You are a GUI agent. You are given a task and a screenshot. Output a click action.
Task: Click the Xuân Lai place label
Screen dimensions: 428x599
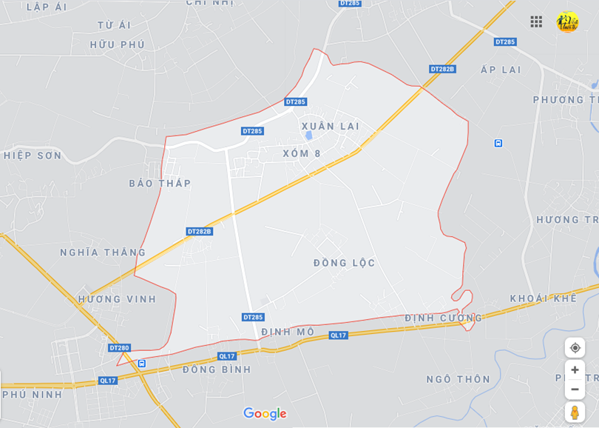(331, 126)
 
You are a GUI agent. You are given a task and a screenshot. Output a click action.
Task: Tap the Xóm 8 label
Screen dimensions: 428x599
(302, 153)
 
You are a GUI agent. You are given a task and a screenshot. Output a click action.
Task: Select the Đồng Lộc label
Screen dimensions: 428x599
(345, 263)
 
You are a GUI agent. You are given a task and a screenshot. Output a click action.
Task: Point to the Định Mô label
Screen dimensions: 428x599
(288, 332)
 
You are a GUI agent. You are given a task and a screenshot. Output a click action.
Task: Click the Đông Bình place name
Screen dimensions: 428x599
(217, 370)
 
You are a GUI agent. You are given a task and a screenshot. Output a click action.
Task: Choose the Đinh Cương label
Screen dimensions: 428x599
(443, 318)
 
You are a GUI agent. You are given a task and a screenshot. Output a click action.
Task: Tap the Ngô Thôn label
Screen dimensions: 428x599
(458, 379)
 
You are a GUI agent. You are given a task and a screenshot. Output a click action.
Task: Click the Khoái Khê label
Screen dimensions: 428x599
(543, 298)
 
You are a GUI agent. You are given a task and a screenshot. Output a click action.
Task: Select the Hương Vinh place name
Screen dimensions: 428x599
(118, 299)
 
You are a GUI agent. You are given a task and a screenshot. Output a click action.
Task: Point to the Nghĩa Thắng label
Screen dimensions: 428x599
(103, 253)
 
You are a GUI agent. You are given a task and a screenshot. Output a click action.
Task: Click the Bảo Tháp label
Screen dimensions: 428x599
(160, 184)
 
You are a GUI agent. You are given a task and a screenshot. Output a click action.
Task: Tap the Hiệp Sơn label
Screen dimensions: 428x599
(33, 156)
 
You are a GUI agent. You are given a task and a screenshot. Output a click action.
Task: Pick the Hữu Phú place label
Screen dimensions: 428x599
(118, 44)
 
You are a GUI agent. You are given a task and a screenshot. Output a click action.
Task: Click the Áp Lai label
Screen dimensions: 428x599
(501, 70)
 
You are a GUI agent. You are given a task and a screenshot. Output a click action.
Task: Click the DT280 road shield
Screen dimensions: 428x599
(119, 348)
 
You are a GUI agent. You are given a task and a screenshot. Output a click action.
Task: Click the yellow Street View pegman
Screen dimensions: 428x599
(575, 412)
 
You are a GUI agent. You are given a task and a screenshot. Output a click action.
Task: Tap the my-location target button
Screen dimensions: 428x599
(575, 347)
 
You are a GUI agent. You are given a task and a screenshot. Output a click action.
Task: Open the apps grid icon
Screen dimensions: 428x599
(536, 21)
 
